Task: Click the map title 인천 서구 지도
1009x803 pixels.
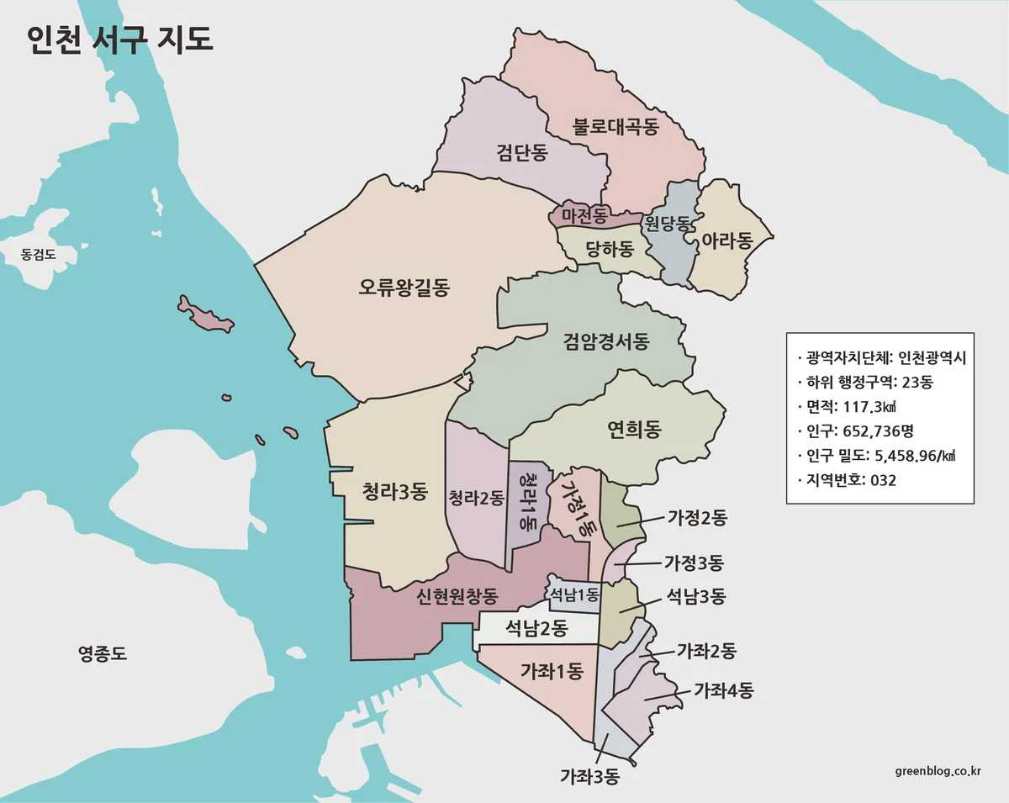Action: pos(119,40)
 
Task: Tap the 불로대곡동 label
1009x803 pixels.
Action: pos(615,127)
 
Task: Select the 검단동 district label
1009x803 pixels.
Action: pos(522,152)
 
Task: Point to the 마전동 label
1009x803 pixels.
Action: pos(584,216)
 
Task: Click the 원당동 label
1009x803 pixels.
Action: pos(667,224)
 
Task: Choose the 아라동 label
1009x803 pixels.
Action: pos(726,241)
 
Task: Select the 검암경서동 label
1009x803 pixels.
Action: pos(606,341)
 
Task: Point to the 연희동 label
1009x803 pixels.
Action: pos(634,431)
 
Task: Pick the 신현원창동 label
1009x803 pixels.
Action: pos(457,597)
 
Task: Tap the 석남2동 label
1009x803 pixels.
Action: pos(536,627)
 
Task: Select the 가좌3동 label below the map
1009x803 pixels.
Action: pos(589,777)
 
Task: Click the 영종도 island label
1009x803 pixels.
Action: pos(102,653)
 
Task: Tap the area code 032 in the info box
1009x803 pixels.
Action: pos(884,481)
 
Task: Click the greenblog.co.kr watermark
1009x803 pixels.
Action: pos(938,770)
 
